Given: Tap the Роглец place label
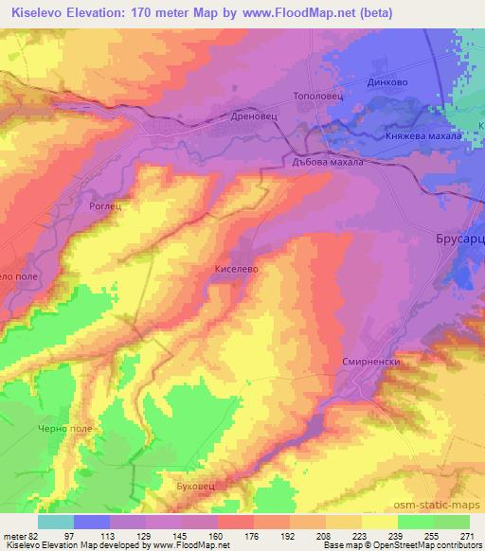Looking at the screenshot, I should (108, 204).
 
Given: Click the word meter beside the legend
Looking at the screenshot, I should (14, 535).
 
